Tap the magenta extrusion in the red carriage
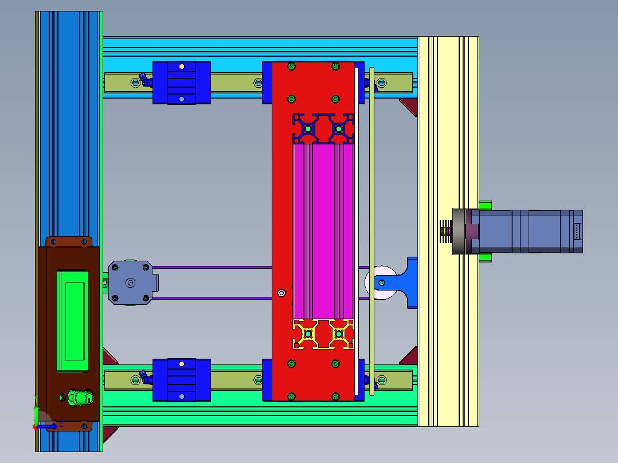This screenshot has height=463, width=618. pos(323,231)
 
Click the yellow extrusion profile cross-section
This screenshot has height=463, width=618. pos(323,334)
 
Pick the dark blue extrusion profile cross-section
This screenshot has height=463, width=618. pos(323,128)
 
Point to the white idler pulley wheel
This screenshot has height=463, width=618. pos(380,282)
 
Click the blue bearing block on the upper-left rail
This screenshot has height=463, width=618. pos(182,83)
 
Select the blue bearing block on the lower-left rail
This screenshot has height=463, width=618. pos(182,380)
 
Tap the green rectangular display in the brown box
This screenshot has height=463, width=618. pos(72,321)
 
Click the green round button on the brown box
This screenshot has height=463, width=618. pos(81,398)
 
